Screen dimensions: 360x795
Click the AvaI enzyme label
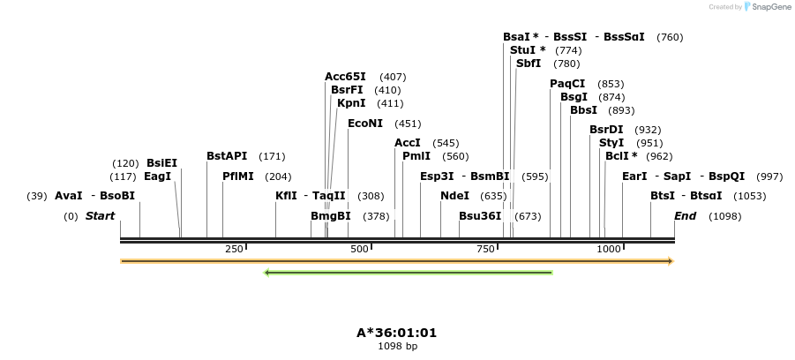pyautogui.click(x=69, y=196)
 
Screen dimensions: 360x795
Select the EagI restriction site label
pyautogui.click(x=157, y=176)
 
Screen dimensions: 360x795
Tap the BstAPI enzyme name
pyautogui.click(x=227, y=156)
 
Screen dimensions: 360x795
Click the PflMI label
pyautogui.click(x=238, y=176)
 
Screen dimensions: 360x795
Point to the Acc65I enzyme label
pyautogui.click(x=345, y=77)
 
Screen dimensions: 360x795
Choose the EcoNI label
pyautogui.click(x=365, y=124)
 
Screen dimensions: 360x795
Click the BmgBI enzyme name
pyautogui.click(x=331, y=216)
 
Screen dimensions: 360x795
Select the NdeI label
pyautogui.click(x=454, y=196)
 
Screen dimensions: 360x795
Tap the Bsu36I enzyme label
pyautogui.click(x=480, y=216)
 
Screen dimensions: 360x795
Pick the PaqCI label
pyautogui.click(x=567, y=84)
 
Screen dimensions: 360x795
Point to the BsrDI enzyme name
pyautogui.click(x=606, y=130)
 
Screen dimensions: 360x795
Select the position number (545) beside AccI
pyautogui.click(x=446, y=143)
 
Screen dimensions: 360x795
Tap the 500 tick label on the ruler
pyautogui.click(x=359, y=250)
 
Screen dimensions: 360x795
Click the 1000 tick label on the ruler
pyautogui.click(x=609, y=250)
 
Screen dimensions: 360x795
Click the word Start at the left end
pyautogui.click(x=100, y=216)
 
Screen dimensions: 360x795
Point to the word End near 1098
pyautogui.click(x=685, y=216)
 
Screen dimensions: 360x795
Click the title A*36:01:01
pyautogui.click(x=397, y=333)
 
